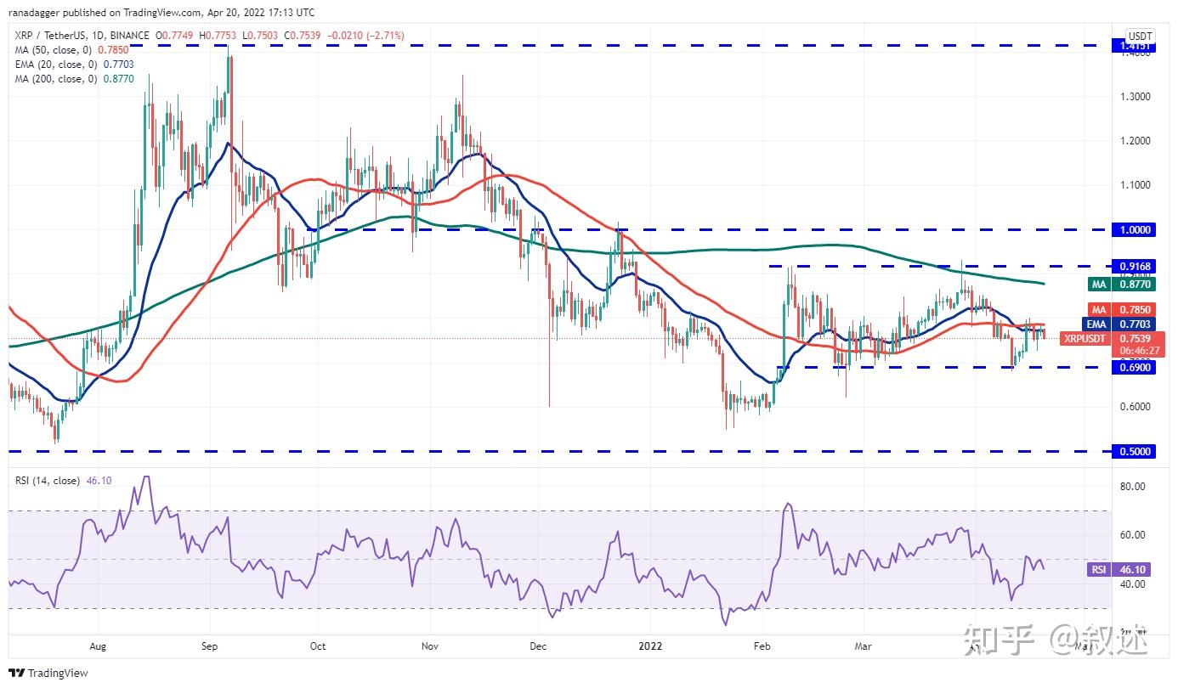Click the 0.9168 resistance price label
coord(1136,266)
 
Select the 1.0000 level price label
coord(1136,229)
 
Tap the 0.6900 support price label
coord(1136,367)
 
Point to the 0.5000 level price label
coord(1136,452)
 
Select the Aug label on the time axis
coord(98,646)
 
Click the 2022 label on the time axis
coord(652,646)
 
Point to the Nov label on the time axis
coord(430,646)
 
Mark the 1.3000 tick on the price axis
coord(1136,96)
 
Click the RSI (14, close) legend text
coord(48,481)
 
